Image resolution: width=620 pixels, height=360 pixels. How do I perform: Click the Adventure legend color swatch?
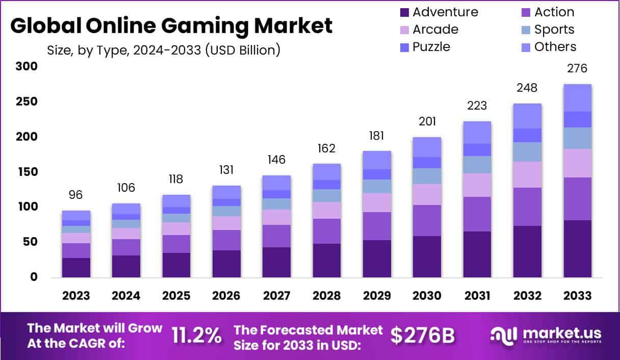tap(405, 12)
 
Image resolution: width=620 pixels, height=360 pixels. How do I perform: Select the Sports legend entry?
tap(554, 30)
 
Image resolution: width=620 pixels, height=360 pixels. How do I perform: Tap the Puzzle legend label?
tap(431, 47)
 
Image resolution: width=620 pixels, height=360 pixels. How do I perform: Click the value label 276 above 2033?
tap(577, 68)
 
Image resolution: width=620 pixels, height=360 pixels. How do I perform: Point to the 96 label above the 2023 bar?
tap(76, 195)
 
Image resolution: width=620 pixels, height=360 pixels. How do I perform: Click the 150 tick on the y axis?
tap(27, 172)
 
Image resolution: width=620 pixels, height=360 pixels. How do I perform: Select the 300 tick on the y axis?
tap(27, 66)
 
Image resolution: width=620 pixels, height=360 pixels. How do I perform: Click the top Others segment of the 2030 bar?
tap(427, 147)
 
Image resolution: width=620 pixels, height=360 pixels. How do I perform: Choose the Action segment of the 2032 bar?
tap(527, 207)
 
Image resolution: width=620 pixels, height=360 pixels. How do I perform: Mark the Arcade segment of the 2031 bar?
tap(477, 185)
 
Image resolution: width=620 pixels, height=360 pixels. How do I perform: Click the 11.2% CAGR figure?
tap(196, 336)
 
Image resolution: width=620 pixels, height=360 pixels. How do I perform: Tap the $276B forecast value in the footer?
tap(423, 336)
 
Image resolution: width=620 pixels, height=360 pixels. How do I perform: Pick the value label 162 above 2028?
tap(326, 148)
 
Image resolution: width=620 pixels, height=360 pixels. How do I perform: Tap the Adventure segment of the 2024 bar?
tap(126, 266)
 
